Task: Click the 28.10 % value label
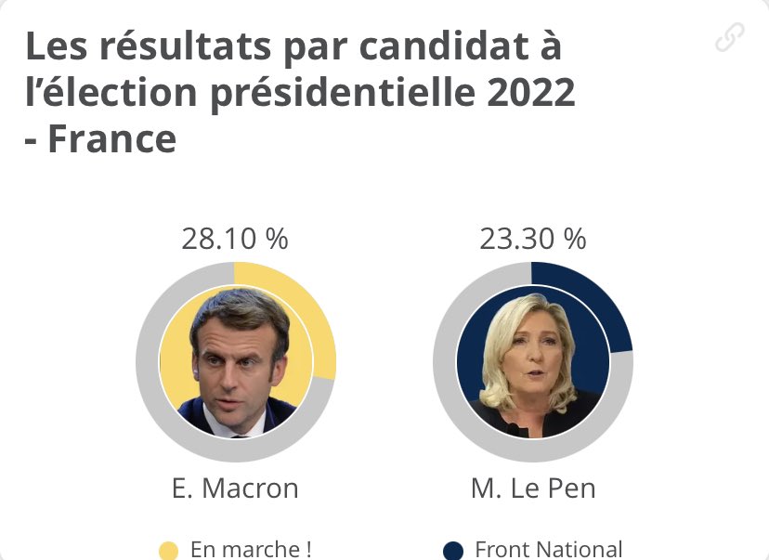[235, 239]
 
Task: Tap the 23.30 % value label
[532, 239]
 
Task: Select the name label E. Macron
[235, 488]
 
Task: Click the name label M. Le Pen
[532, 488]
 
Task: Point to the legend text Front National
[548, 550]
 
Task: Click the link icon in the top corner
[730, 37]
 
